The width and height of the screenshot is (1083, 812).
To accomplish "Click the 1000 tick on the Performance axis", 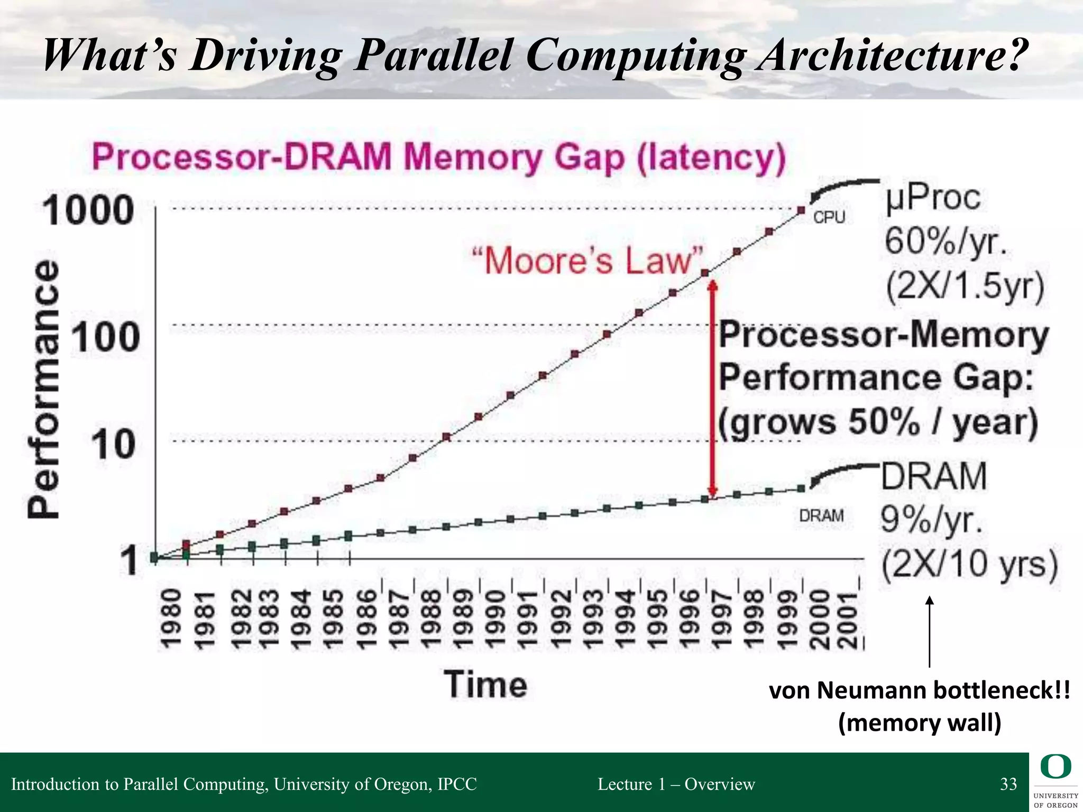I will tap(88, 210).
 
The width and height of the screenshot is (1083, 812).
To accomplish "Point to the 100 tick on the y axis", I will tap(105, 337).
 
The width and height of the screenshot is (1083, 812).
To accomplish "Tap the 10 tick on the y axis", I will tap(113, 444).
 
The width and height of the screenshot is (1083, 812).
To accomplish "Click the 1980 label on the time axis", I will tap(171, 620).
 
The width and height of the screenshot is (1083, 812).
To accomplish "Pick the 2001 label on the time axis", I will tap(849, 620).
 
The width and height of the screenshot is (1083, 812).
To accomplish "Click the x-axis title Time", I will tap(485, 685).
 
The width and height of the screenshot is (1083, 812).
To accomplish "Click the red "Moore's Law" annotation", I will tap(588, 261).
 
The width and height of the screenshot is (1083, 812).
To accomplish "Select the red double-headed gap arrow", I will tap(713, 389).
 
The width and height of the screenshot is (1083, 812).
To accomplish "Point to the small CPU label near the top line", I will tap(829, 217).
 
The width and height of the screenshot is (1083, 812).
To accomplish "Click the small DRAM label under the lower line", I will tap(821, 515).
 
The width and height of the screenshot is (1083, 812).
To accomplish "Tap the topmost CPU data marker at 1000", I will tap(801, 210).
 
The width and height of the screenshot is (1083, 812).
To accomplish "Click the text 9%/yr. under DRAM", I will tap(932, 520).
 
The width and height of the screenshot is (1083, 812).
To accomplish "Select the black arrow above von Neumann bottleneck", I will tap(929, 632).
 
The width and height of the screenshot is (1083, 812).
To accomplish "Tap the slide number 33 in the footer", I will tap(1008, 784).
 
